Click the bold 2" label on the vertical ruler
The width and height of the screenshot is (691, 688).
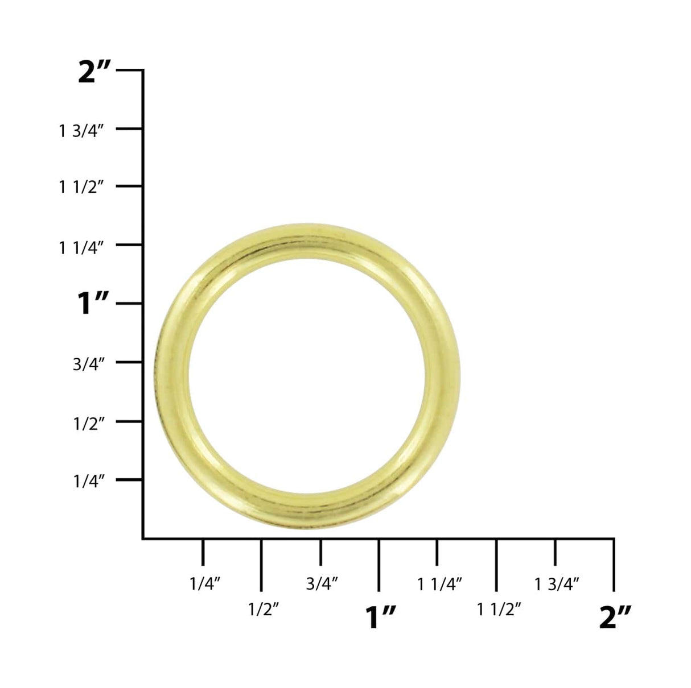[96, 73]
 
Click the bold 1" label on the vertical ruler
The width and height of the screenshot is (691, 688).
[93, 304]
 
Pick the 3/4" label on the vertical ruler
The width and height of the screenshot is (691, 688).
[89, 364]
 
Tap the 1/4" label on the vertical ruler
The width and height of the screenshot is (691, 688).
[89, 482]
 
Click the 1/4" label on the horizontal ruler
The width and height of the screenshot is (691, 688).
[205, 583]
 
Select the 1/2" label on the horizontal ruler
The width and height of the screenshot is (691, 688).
[264, 610]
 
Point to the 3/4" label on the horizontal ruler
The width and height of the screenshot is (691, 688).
[322, 583]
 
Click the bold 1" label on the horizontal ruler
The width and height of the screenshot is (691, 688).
[380, 617]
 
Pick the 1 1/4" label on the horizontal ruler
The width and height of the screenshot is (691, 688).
[439, 583]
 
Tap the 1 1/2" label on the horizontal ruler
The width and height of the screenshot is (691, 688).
[499, 610]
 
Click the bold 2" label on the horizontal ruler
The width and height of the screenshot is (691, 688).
[615, 617]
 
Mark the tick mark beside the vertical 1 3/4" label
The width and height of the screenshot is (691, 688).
[129, 129]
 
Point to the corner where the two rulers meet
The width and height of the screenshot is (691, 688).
[143, 538]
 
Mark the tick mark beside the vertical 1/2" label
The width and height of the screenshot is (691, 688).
[129, 421]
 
